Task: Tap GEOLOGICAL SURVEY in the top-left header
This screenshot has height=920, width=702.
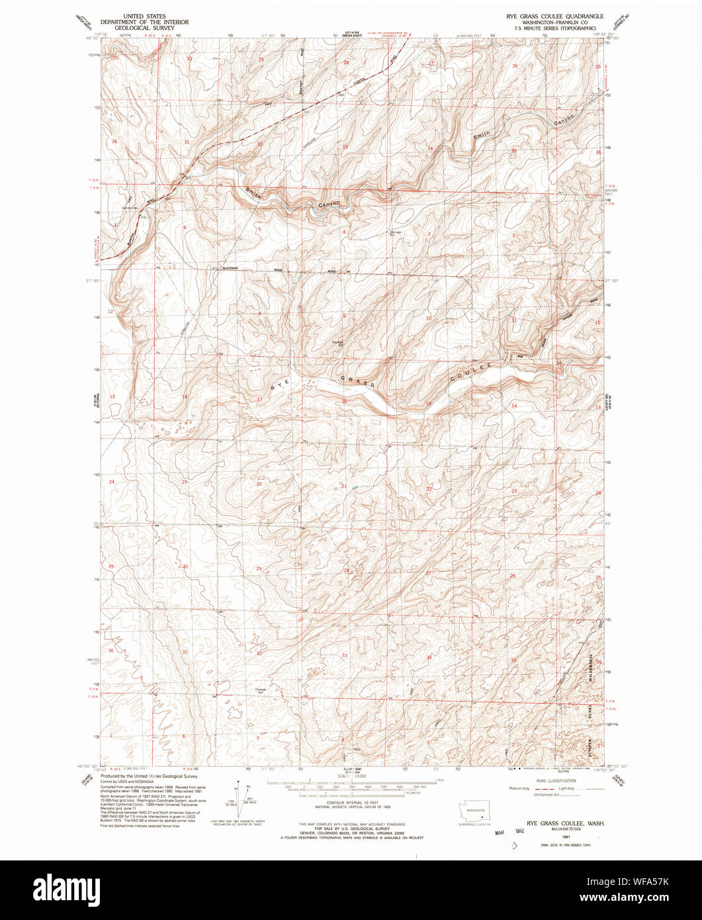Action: pyautogui.click(x=144, y=28)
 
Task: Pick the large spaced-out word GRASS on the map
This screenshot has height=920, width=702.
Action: pyautogui.click(x=357, y=381)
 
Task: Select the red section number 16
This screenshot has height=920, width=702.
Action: pyautogui.click(x=344, y=402)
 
